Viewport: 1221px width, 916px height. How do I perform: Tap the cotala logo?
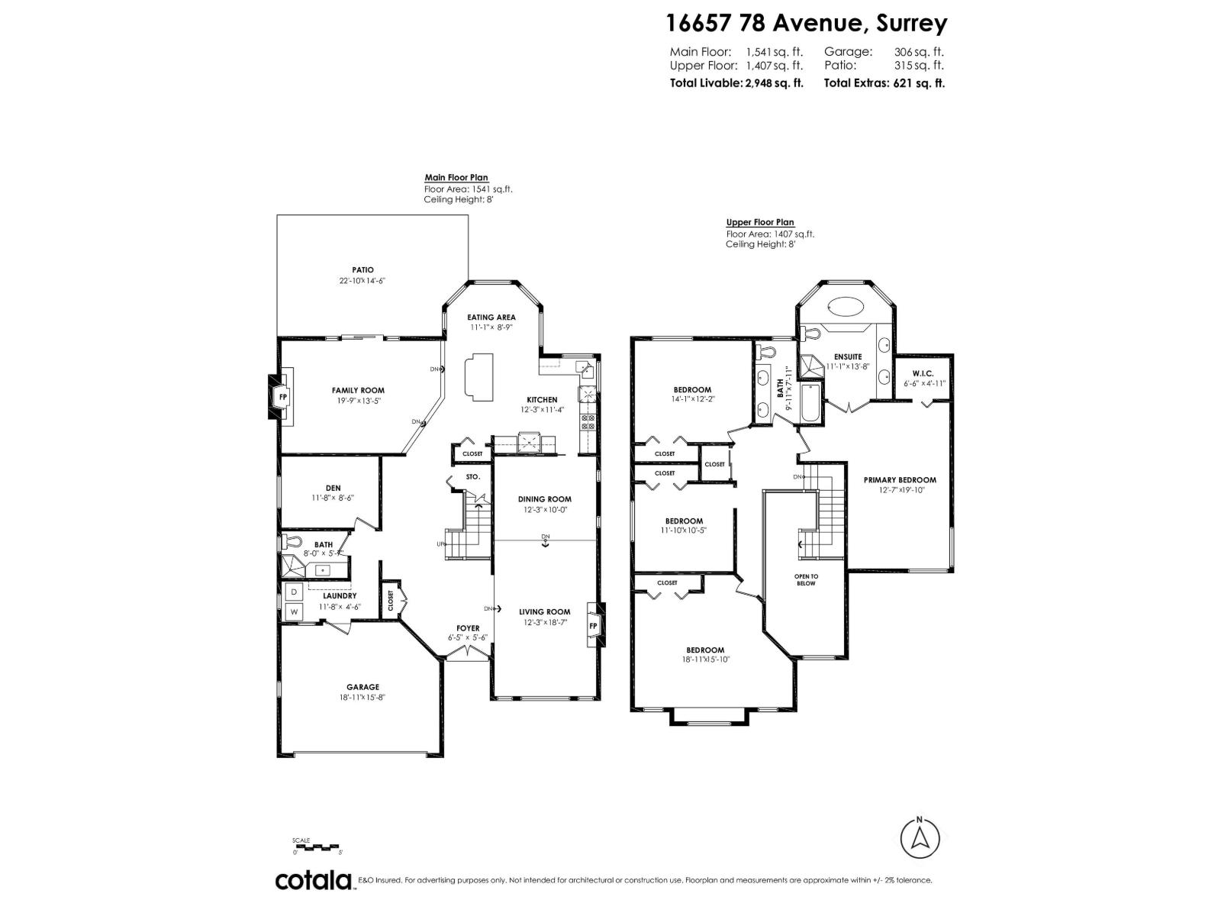tap(313, 880)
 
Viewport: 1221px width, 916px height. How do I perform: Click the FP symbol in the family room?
tap(282, 397)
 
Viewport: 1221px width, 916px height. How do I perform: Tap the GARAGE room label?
tap(362, 687)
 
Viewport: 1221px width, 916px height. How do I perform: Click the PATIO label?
tap(362, 269)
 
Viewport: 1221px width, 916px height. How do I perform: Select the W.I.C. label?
tap(923, 373)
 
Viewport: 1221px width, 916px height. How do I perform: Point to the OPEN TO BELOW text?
tap(806, 579)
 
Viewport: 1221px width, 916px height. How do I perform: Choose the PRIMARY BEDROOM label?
tap(900, 480)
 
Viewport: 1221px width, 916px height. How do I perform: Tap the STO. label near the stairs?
tap(473, 476)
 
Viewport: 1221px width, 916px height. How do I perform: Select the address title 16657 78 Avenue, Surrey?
tap(806, 23)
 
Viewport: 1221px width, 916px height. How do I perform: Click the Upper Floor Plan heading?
tap(759, 223)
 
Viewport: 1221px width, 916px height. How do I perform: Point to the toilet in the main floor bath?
tap(287, 541)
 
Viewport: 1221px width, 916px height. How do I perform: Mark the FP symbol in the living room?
tap(593, 626)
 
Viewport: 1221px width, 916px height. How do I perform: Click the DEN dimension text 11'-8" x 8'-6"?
tap(333, 498)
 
